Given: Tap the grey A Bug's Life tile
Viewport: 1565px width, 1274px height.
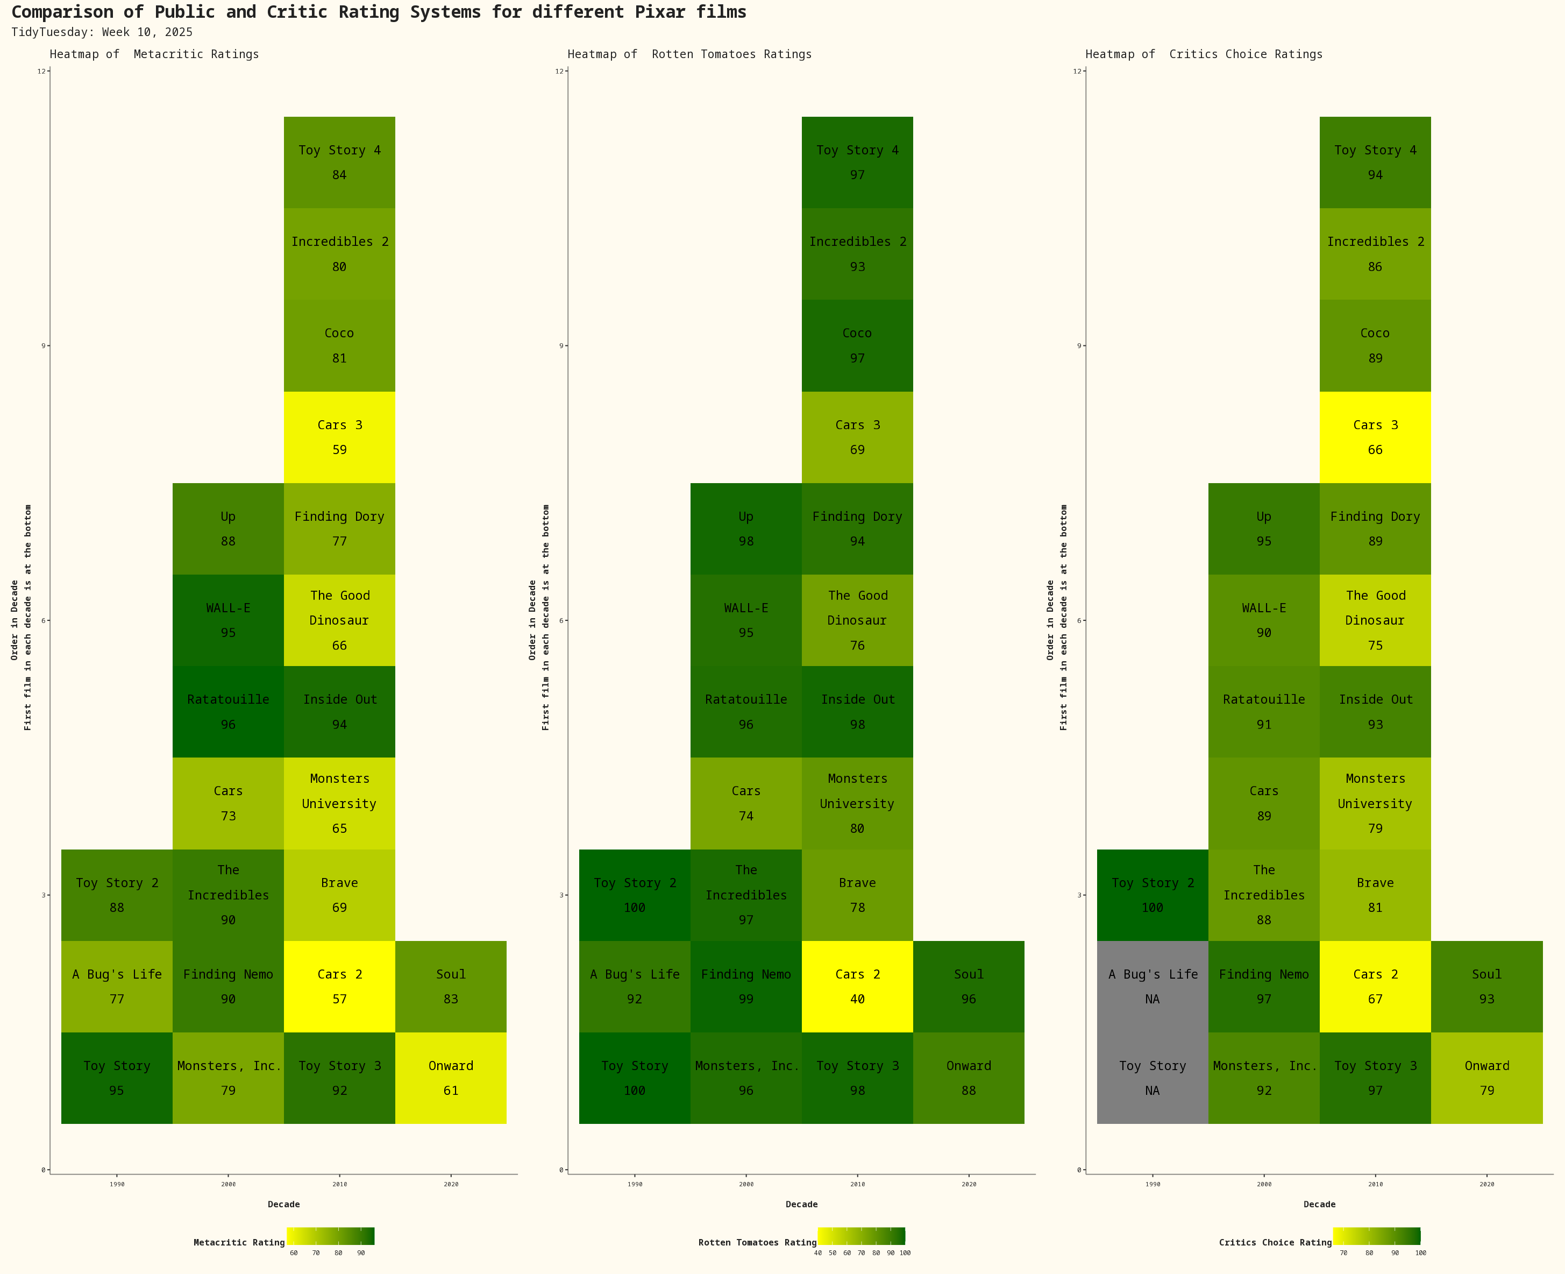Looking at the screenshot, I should tap(1152, 986).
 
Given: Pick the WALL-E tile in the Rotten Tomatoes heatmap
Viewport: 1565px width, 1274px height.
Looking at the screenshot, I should tap(745, 620).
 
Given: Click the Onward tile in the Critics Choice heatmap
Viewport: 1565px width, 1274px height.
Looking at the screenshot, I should tap(1486, 1078).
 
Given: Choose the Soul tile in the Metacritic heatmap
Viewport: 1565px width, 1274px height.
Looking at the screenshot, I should tap(451, 986).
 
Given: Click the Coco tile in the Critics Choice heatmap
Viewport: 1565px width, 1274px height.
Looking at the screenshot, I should tap(1375, 345).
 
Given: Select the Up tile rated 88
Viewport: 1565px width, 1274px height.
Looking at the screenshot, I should tap(228, 528).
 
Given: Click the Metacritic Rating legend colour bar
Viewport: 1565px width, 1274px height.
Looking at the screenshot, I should tap(330, 1236).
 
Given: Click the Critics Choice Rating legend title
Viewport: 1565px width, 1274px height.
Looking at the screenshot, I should tap(1275, 1242).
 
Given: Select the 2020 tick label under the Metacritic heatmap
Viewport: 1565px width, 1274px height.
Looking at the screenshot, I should tap(451, 1184).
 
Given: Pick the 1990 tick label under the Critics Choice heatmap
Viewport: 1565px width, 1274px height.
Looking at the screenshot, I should tap(1153, 1184).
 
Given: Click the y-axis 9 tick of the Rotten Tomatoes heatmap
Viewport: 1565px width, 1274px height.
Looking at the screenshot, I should tap(562, 345).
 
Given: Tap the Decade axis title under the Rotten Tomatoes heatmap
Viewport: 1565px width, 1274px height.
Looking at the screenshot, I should tap(801, 1204).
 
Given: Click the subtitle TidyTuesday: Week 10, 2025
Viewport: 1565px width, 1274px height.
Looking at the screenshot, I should tap(102, 32).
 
